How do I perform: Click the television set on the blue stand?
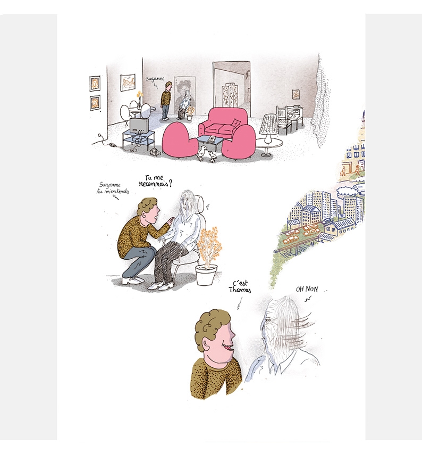[139, 126]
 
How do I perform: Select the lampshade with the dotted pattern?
[268, 124]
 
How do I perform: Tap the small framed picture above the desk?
[296, 94]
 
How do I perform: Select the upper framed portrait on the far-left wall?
[95, 84]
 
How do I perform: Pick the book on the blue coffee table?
[212, 139]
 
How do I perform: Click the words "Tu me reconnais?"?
[156, 181]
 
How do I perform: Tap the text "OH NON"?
[307, 289]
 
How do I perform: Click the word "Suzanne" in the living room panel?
[155, 79]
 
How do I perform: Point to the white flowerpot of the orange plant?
[207, 275]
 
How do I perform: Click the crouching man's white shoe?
[132, 279]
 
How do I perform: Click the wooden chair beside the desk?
[284, 119]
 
